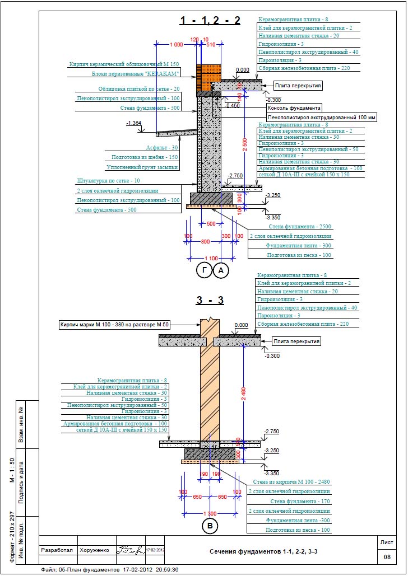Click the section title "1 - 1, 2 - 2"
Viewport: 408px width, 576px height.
tap(210, 21)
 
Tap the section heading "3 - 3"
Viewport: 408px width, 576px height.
tap(210, 301)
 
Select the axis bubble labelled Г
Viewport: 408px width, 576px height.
tap(204, 271)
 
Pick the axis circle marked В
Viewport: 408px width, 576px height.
tap(209, 527)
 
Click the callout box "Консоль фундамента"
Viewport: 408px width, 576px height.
tap(294, 107)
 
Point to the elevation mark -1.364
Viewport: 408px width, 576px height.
tap(135, 123)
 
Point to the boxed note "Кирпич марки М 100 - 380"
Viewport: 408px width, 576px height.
tap(114, 325)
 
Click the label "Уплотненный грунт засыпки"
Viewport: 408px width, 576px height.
tap(142, 167)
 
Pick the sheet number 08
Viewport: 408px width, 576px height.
tap(386, 557)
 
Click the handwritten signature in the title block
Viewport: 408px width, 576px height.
tap(130, 550)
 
